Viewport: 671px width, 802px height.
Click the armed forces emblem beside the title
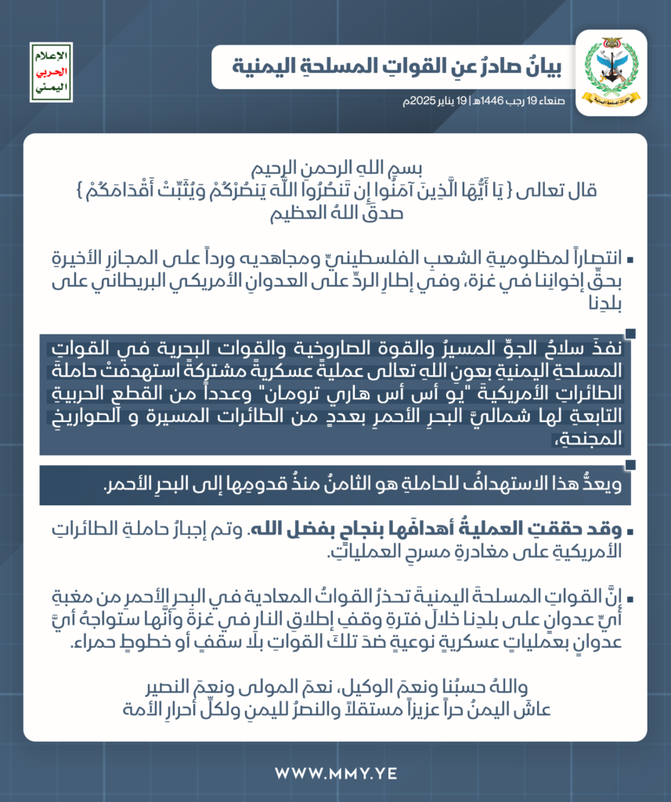611,73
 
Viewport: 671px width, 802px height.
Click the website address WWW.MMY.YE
335,774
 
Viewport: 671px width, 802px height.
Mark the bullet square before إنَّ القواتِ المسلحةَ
630,600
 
